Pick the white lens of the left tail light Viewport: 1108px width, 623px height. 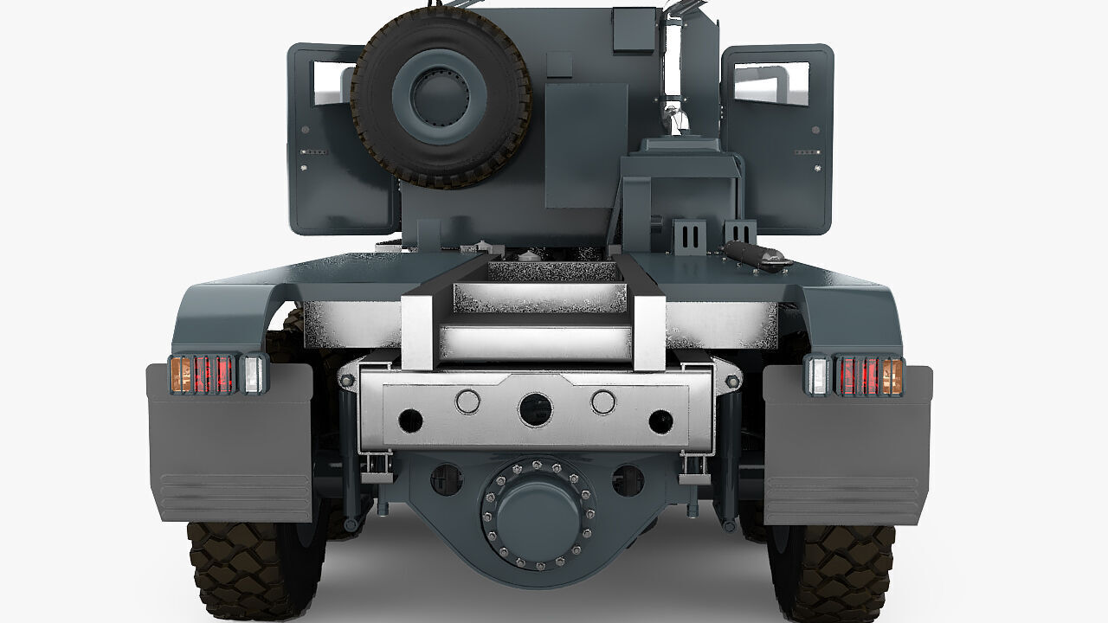[x=252, y=375]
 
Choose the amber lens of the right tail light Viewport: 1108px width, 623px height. [x=891, y=376]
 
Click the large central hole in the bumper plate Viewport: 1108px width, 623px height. [x=535, y=409]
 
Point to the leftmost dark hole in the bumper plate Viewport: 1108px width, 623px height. [x=410, y=421]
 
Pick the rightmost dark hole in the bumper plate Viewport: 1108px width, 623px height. [x=660, y=421]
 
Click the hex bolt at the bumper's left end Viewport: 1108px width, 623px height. [x=346, y=381]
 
